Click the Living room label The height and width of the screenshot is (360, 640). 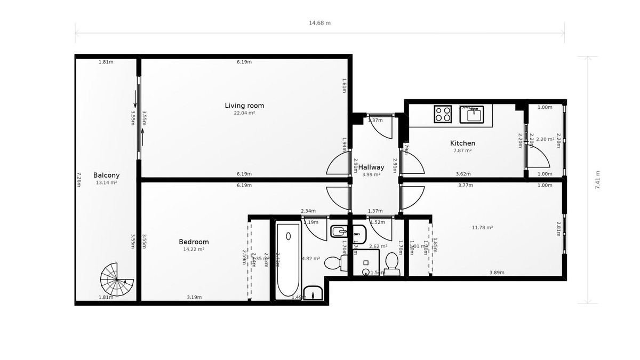[x=244, y=106]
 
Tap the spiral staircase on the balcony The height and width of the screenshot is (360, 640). [x=117, y=279]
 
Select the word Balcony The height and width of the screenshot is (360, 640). [x=106, y=175]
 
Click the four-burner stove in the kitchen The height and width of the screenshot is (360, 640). [x=444, y=114]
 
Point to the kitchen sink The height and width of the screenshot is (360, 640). [x=471, y=114]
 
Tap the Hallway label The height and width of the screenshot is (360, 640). [x=371, y=167]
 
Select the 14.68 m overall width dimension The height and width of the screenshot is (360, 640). [x=320, y=23]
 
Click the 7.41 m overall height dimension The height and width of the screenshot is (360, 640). [x=597, y=180]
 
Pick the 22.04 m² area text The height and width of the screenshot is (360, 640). [x=244, y=113]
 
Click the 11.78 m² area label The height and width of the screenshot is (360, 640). [x=482, y=228]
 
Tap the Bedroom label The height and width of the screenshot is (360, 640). [x=194, y=242]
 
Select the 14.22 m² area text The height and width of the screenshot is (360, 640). [x=194, y=249]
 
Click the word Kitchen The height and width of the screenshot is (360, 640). [x=462, y=143]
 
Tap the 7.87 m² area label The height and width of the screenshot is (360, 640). [x=462, y=150]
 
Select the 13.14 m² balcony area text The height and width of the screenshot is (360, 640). [x=106, y=182]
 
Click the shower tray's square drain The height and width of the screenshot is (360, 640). [x=366, y=262]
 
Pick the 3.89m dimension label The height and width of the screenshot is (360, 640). [x=497, y=273]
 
